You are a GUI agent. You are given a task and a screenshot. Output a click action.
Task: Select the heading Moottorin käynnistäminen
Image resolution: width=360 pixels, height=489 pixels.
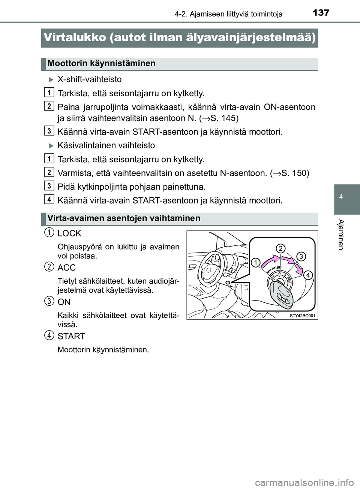click(x=101, y=63)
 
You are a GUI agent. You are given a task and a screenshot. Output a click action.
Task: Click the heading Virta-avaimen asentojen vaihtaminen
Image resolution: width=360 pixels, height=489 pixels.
click(x=124, y=218)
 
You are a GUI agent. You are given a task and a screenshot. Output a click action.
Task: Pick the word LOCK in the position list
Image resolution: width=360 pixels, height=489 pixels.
click(x=69, y=233)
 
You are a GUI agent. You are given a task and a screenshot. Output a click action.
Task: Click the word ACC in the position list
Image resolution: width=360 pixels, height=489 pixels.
click(x=67, y=268)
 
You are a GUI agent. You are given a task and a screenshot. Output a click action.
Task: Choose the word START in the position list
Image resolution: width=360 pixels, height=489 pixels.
click(x=71, y=336)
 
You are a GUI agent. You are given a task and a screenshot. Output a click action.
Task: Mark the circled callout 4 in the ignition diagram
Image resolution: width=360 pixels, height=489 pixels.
click(x=307, y=275)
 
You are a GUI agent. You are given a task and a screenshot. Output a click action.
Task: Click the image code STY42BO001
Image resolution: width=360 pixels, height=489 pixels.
click(x=303, y=316)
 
